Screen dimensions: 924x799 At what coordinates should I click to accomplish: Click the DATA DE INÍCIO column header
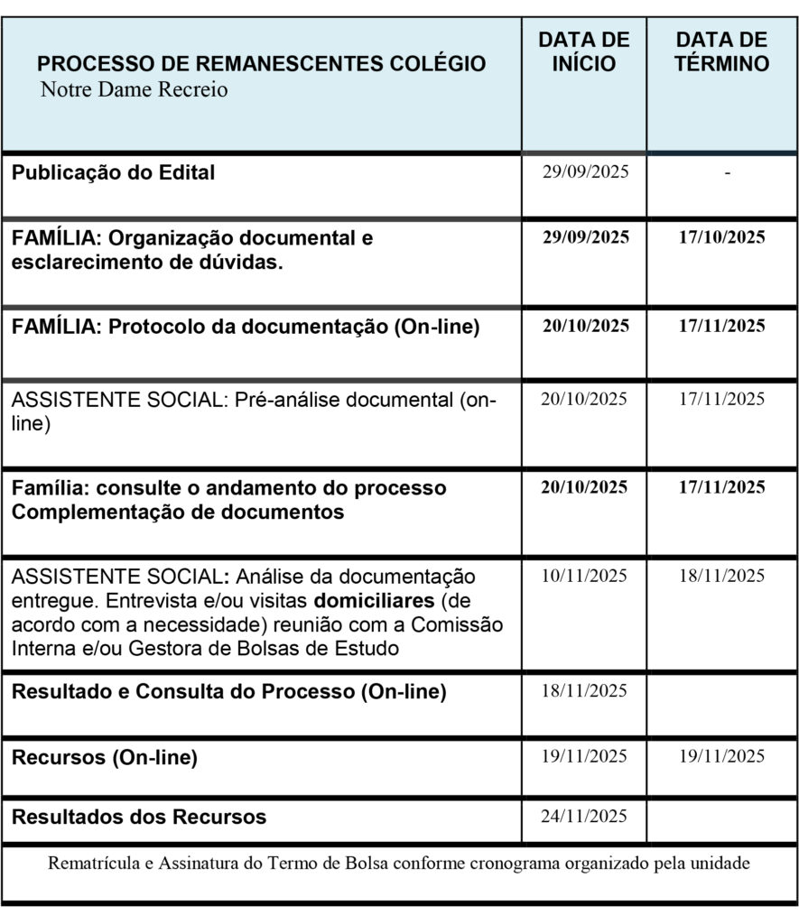coord(584,51)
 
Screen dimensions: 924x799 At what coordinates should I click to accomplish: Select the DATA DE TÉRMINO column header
coord(721,51)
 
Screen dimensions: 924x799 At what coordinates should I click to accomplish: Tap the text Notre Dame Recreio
coord(134,90)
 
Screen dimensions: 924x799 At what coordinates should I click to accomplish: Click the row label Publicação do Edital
coord(113,173)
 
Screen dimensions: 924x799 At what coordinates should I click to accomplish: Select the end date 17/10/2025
coord(721,237)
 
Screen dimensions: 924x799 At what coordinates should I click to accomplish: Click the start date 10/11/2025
coord(584,576)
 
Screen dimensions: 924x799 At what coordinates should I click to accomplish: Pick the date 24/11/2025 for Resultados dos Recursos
coord(584,817)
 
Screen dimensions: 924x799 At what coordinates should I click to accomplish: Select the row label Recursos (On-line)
coord(104,758)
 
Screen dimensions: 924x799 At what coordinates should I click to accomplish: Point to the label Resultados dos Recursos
coord(139,818)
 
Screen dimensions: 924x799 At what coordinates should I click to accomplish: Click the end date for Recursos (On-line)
coord(721,756)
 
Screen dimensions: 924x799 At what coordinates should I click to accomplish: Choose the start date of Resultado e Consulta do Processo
coord(584,691)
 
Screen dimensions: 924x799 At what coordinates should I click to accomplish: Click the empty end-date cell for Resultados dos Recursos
coord(721,819)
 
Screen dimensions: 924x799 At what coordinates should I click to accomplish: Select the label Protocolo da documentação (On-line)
coord(293,328)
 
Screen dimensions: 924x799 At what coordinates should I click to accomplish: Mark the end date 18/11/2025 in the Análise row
coord(721,576)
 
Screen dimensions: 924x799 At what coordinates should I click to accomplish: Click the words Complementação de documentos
coord(178,513)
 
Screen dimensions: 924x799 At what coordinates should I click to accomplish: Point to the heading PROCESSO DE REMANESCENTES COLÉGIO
coord(262,64)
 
